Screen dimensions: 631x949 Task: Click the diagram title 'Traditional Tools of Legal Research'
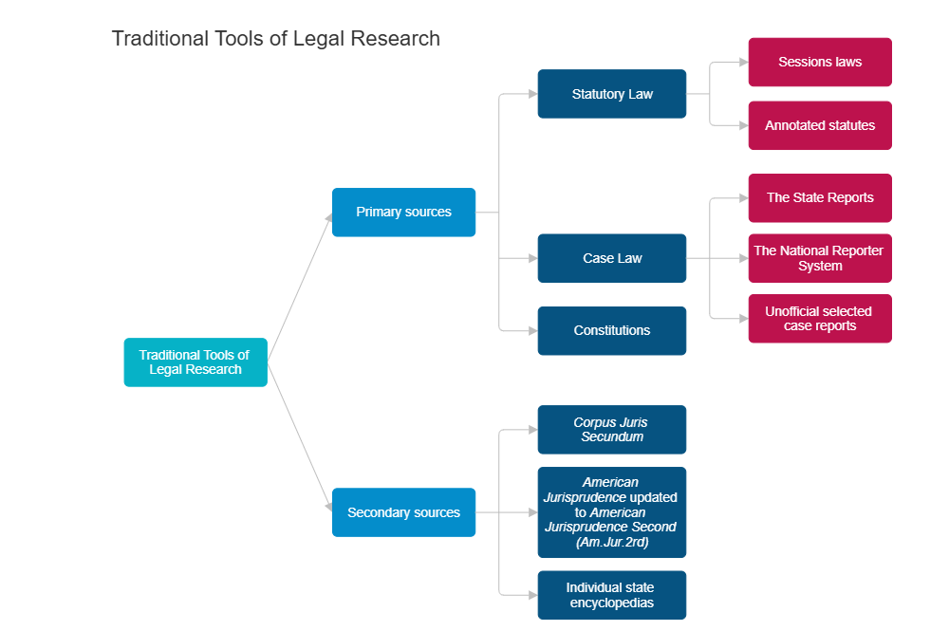point(275,39)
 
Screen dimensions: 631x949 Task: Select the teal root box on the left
point(195,362)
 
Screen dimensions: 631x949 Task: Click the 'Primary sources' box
point(403,213)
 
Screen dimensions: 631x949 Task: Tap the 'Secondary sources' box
point(403,512)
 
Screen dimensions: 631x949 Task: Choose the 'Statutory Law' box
point(612,94)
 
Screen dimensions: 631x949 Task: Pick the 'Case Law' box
point(612,258)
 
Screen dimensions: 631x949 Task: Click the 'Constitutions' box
point(612,330)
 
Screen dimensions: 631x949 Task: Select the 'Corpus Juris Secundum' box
point(612,430)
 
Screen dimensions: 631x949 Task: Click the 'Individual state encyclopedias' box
point(612,595)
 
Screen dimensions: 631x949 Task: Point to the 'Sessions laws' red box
point(820,63)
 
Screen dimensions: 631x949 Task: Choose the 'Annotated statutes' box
point(820,125)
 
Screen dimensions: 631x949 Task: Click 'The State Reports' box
point(820,198)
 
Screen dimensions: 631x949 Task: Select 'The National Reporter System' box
point(820,258)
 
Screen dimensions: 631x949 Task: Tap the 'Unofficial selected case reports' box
point(820,319)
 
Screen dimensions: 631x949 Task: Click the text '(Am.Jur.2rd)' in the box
point(612,542)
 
